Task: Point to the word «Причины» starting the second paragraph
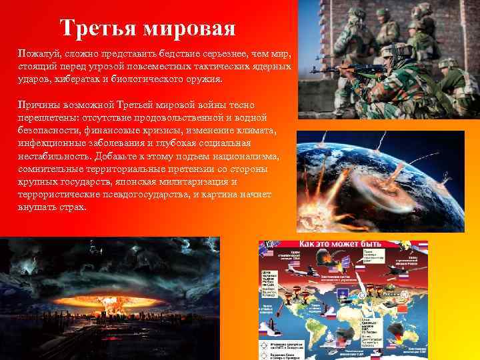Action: pos(39,105)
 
